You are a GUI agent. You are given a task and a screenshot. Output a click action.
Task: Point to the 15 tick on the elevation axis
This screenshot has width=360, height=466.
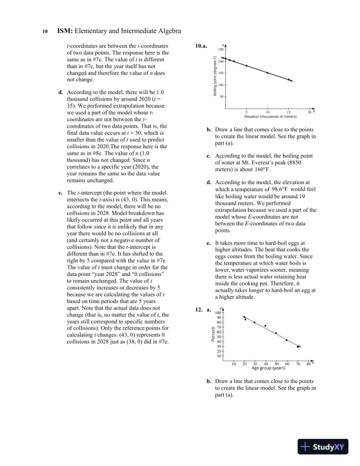288,112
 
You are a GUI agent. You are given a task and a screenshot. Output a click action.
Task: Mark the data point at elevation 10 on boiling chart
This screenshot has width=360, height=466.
268,73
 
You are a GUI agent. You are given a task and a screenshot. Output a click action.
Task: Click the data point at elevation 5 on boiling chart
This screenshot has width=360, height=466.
246,65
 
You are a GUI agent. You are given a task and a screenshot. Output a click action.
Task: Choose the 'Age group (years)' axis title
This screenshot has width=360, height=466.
268,368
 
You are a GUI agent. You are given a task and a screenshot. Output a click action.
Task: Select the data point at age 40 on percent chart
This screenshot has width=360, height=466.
265,325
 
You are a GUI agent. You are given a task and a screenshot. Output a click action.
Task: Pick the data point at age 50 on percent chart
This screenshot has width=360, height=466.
276,333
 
